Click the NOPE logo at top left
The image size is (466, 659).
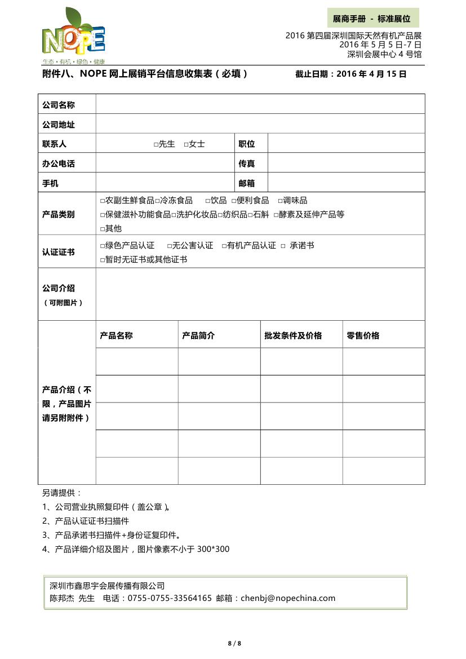point(73,37)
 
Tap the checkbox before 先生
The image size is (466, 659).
point(156,144)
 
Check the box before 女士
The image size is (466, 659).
point(186,144)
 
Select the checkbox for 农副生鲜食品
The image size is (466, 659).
point(103,201)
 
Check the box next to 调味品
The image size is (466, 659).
point(280,201)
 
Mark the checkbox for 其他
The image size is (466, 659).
point(103,229)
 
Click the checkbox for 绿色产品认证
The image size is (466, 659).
point(103,246)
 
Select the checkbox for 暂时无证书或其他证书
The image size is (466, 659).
point(103,260)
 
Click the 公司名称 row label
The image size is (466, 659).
point(59,105)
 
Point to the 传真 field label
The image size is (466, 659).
point(247,163)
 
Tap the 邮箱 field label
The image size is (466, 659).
point(247,183)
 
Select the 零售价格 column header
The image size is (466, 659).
point(363,335)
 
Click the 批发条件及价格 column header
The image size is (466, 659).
point(293,335)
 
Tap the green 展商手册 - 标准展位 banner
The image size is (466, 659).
point(373,19)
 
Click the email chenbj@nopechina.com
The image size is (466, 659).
point(287,598)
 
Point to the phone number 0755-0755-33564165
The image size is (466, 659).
point(170,598)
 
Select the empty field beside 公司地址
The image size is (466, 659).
point(260,124)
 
